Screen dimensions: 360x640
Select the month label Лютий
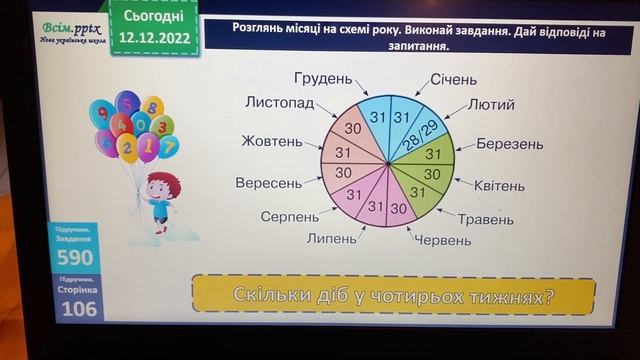(491, 104)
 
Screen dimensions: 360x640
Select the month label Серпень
(290, 216)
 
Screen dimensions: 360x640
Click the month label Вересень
(268, 184)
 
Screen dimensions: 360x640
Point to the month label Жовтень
(271, 141)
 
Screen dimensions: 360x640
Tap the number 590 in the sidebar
(75, 257)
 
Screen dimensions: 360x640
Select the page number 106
(75, 308)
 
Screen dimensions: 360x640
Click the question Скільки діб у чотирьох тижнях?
(394, 295)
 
